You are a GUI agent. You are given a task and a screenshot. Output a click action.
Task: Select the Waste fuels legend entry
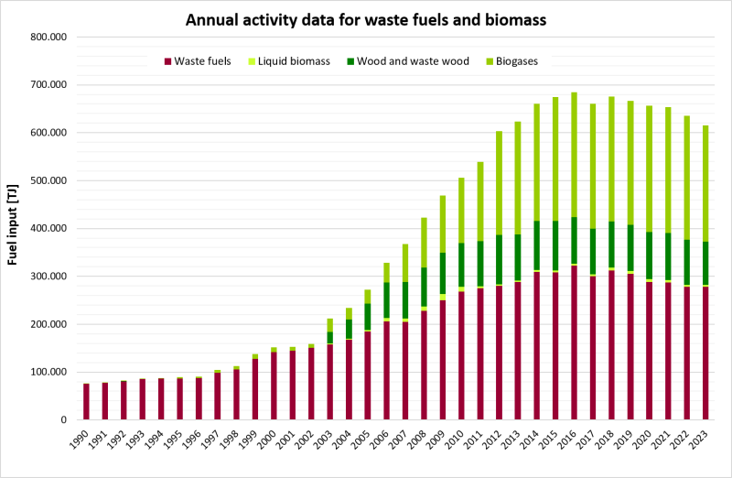click(x=198, y=61)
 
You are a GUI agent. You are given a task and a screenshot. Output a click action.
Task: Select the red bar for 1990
click(x=86, y=401)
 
